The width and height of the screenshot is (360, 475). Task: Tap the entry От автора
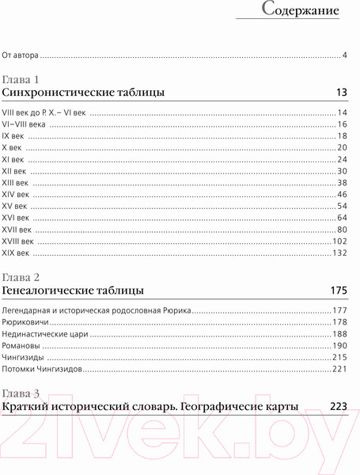click(x=21, y=55)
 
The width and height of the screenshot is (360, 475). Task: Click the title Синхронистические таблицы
click(x=84, y=93)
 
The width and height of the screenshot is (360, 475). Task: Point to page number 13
click(x=342, y=93)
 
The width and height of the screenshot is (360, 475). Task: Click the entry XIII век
click(x=18, y=182)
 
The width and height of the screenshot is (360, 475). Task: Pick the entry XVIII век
click(x=20, y=241)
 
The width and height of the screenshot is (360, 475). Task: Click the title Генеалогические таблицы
click(x=73, y=291)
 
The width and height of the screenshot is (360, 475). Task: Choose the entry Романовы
click(x=25, y=345)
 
